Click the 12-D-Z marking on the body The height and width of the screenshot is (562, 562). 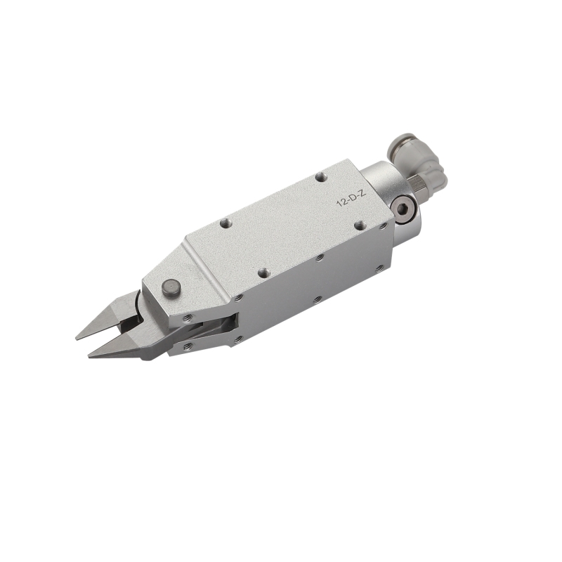351,199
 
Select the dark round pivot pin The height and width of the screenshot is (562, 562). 171,288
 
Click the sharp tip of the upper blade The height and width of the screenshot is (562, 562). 77,338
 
